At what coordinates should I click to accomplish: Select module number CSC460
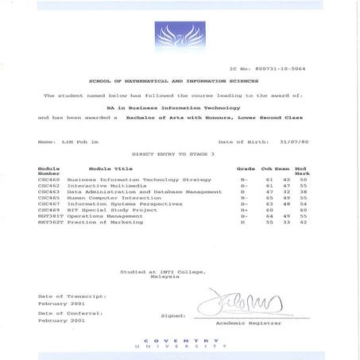click(x=49, y=180)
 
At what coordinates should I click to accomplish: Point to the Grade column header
click(x=246, y=168)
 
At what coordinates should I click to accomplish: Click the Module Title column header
click(x=111, y=168)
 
